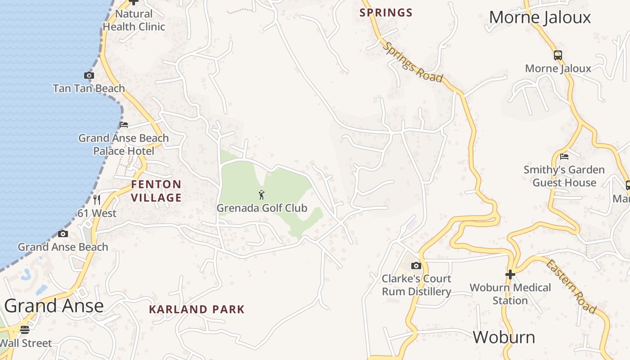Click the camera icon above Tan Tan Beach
pos(89,76)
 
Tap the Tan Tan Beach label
pos(89,88)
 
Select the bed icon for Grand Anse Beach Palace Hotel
pos(124,125)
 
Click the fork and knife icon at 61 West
pos(97,199)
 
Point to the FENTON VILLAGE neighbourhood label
pos(156,191)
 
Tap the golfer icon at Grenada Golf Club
pos(261,195)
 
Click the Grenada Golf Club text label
pos(261,208)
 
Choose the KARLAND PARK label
pos(197,310)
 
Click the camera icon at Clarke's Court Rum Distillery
pos(416,265)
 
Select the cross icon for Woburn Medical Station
pos(510,274)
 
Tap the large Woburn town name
pos(504,337)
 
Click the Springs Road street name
pos(413,63)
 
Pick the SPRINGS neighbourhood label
pos(386,13)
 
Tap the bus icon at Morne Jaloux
pos(558,55)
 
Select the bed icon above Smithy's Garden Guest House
pos(564,157)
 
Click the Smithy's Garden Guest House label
pos(564,176)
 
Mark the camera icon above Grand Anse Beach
pos(63,234)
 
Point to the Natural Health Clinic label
pos(134,20)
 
